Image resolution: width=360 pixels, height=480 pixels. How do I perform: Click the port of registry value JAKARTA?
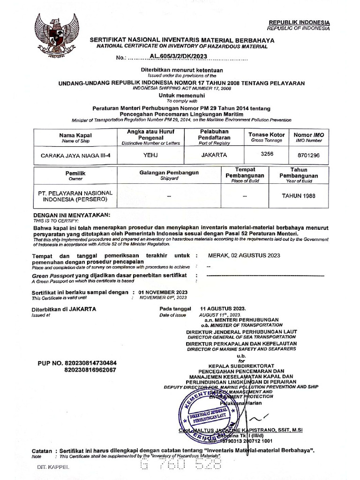pos(214,155)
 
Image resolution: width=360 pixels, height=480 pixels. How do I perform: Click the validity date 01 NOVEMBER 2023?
pos(163,292)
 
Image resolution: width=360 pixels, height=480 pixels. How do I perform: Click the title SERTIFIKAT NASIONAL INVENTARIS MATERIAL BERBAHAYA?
pos(182,41)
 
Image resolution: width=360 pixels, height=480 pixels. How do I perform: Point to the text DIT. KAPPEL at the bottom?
pos(53,467)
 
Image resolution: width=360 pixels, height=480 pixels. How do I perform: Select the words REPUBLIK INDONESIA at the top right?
pos(299,22)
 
